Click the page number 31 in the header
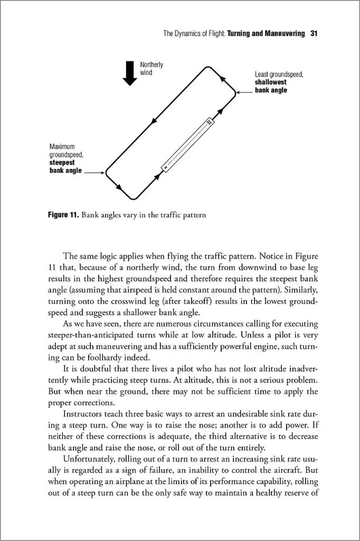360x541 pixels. pyautogui.click(x=314, y=34)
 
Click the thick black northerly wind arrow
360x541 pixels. pyautogui.click(x=129, y=72)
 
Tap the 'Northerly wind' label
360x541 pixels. pyautogui.click(x=151, y=69)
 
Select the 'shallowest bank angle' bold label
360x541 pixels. pyautogui.click(x=271, y=86)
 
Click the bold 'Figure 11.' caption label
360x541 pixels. pyautogui.click(x=63, y=216)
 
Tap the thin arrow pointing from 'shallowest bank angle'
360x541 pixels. pyautogui.click(x=245, y=92)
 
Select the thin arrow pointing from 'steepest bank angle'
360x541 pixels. pyautogui.click(x=95, y=172)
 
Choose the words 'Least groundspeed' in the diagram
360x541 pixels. pyautogui.click(x=279, y=75)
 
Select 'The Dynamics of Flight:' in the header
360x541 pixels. pyautogui.click(x=194, y=34)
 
